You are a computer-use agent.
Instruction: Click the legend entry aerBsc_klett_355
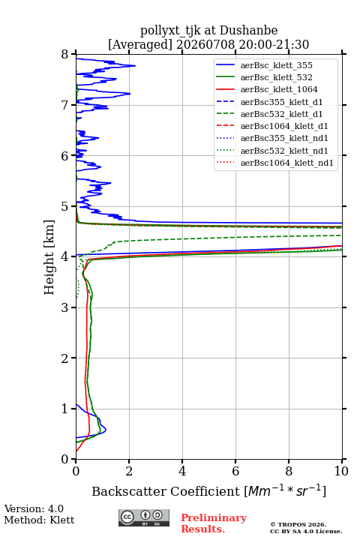276,65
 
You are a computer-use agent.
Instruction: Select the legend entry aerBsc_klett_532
276,77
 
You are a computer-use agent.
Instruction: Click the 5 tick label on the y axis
65,207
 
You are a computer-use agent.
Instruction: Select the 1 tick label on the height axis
65,409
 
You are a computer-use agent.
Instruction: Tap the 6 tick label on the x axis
235,471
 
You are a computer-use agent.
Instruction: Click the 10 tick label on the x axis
341,471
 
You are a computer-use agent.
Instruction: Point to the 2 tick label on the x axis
129,471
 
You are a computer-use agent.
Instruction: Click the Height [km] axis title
49,257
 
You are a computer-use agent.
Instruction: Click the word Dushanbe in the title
249,31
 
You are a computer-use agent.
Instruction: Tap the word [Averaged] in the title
140,45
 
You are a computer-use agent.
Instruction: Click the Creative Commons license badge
144,517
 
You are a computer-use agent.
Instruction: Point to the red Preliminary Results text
214,523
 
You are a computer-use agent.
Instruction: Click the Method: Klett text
39,520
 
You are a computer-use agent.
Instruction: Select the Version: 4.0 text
34,509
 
